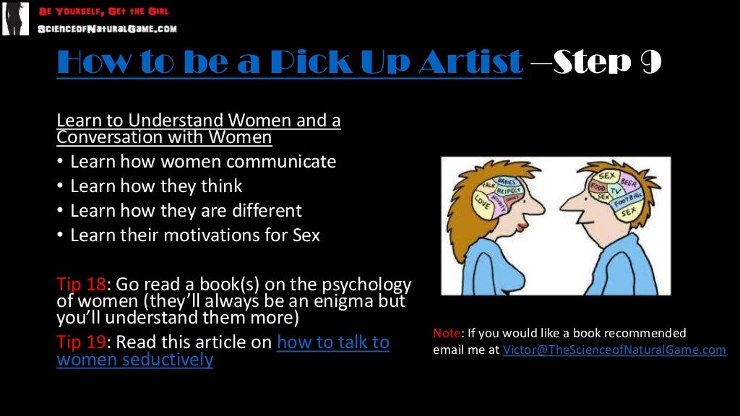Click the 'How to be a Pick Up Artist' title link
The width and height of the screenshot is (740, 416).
pyautogui.click(x=289, y=62)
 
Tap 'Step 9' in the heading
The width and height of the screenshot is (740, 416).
pyautogui.click(x=607, y=62)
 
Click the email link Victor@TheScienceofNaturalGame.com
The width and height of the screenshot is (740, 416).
pyautogui.click(x=614, y=350)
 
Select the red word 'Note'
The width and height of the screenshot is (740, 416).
pyautogui.click(x=446, y=333)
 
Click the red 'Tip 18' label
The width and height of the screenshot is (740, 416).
pyautogui.click(x=81, y=284)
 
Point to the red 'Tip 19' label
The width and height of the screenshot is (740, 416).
pyautogui.click(x=81, y=342)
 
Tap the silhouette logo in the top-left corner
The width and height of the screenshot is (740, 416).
pyautogui.click(x=15, y=19)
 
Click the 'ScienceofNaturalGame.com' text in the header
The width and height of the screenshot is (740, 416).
pyautogui.click(x=107, y=29)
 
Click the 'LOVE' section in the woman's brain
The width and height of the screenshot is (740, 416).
pyautogui.click(x=481, y=206)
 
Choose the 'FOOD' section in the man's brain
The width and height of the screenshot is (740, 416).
pyautogui.click(x=598, y=186)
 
